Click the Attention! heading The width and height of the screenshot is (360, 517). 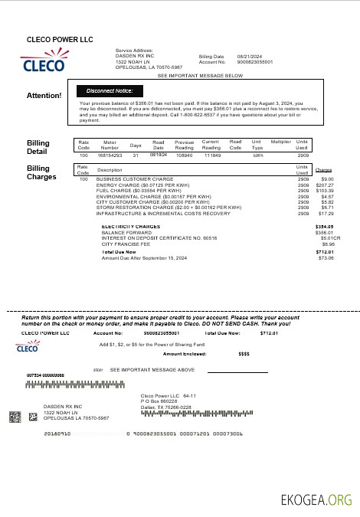point(44,96)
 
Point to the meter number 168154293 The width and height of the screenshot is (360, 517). point(110,155)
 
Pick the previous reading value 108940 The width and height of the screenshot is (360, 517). point(184,155)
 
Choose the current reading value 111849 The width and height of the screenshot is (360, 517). point(211,155)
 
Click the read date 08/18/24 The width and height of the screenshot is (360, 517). point(158,154)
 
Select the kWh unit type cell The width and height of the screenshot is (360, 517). point(257,155)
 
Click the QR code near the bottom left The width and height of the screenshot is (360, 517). point(15,417)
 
